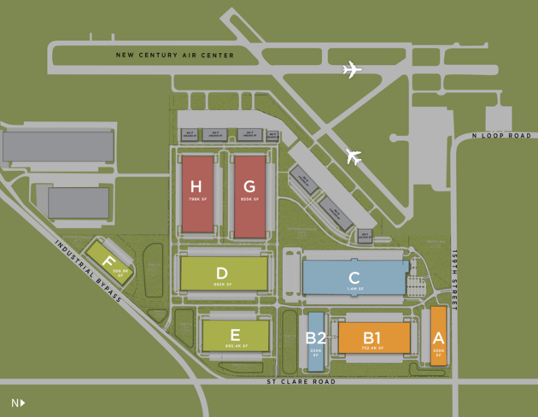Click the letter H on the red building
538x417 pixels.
point(196,187)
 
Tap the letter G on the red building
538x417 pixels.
point(249,187)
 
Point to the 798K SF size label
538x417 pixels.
point(196,200)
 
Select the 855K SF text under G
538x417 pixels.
point(249,200)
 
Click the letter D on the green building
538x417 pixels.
point(222,273)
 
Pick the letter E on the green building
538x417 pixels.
point(235,335)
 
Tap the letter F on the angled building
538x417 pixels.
point(108,261)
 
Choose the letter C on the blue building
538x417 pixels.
point(354,278)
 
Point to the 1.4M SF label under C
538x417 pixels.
point(354,290)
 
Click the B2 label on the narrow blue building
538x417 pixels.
point(315,338)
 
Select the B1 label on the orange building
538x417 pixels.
point(372,337)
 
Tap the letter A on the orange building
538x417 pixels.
point(438,338)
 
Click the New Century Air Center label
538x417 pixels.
point(175,56)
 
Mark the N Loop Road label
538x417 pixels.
point(501,136)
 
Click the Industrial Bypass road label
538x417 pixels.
point(89,270)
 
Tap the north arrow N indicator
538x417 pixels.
point(18,402)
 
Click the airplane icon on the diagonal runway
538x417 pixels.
point(354,157)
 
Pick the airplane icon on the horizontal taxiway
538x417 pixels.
point(352,70)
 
